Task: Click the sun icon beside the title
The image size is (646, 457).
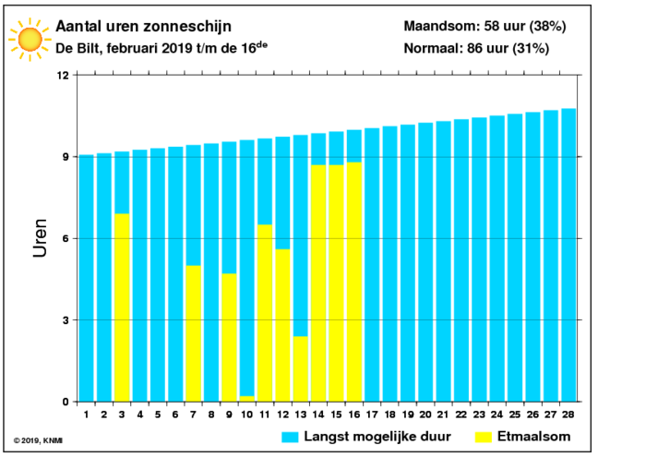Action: (x=30, y=40)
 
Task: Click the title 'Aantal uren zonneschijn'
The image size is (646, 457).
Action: (x=143, y=27)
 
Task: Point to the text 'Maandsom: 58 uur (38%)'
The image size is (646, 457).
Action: (x=484, y=27)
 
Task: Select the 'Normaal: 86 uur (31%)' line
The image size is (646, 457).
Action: (x=476, y=49)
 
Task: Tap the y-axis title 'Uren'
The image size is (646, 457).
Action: (x=41, y=238)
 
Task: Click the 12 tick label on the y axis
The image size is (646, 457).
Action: (x=63, y=76)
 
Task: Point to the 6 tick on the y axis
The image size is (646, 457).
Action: (x=66, y=238)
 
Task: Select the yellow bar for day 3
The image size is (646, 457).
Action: (x=122, y=307)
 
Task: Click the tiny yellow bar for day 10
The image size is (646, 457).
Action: (x=246, y=399)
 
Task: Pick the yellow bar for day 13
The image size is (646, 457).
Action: (x=300, y=368)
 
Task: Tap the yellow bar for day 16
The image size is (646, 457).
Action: (x=353, y=282)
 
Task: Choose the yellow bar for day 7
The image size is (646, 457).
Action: (x=193, y=333)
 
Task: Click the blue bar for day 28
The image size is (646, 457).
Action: (x=568, y=255)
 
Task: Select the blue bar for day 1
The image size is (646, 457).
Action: (x=86, y=278)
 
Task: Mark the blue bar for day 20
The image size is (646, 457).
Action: (x=425, y=262)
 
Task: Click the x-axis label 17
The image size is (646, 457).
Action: (x=372, y=415)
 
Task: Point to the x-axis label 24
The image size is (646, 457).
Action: (x=497, y=415)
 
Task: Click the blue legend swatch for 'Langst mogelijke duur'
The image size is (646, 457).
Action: (x=290, y=438)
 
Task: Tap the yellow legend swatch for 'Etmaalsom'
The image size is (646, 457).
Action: (x=484, y=438)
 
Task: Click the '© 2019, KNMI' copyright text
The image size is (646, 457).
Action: (x=38, y=440)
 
